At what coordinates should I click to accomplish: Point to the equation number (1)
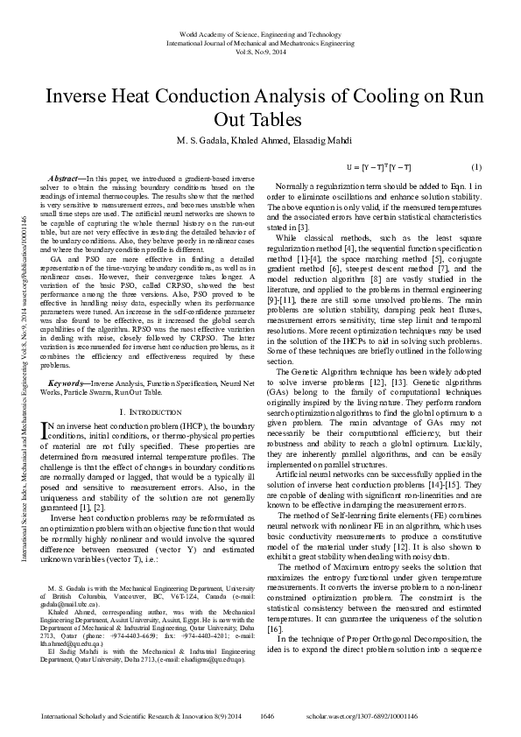tap(476, 166)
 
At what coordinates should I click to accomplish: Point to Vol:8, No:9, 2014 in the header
tap(260, 50)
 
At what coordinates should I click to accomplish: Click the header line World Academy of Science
tap(260, 32)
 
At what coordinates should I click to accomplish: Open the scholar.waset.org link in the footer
tap(433, 715)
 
